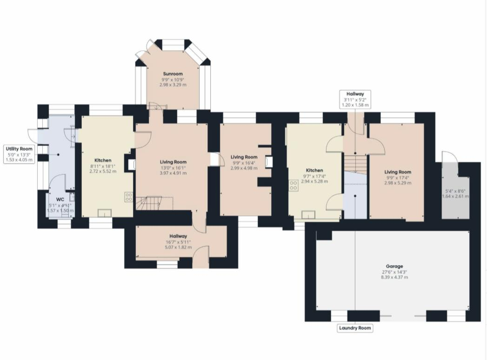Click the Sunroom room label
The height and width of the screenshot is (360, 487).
[173, 73]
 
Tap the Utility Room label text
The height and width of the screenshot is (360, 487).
[19, 148]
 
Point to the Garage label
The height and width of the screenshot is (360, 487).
[393, 266]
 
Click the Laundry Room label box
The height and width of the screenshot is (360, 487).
[355, 328]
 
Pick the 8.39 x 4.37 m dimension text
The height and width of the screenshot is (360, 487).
[393, 277]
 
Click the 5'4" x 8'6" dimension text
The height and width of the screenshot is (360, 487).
[455, 190]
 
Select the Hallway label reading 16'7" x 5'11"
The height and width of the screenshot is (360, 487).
[178, 236]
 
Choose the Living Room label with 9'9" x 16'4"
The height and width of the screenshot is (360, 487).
[244, 157]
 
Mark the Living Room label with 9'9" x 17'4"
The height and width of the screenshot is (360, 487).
[398, 172]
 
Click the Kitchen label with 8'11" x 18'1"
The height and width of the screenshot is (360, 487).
[103, 160]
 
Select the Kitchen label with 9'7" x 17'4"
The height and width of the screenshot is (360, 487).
[314, 170]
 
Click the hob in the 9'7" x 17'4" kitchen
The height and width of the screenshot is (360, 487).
[294, 185]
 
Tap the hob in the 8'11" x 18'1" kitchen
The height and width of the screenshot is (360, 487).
[128, 196]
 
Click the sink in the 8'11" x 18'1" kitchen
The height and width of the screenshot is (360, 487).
[105, 213]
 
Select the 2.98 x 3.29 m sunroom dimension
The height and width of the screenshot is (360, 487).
[173, 85]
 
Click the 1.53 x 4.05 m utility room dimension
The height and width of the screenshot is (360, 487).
[19, 160]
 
